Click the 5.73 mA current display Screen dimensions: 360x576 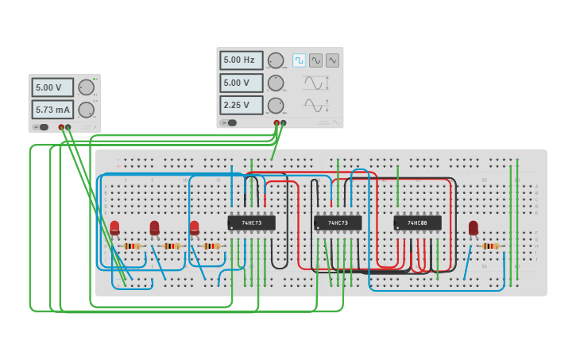point(52,110)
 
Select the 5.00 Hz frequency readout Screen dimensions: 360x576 point(241,60)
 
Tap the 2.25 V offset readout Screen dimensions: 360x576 point(241,105)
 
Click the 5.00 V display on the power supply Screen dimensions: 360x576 point(52,87)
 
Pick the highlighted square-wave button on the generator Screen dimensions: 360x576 point(299,60)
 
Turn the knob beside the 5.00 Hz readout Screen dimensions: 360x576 point(275,60)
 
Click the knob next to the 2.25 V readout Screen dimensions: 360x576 point(275,105)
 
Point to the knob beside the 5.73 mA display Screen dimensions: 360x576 point(85,110)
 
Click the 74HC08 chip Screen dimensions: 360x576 point(417,223)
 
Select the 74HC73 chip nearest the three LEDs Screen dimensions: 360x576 point(251,223)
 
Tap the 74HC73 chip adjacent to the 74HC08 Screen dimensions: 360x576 point(337,223)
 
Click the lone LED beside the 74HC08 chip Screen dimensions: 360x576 point(474,228)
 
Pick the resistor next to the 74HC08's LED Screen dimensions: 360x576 point(490,246)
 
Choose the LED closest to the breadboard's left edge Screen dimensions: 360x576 point(114,228)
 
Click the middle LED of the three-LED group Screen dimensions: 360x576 point(154,228)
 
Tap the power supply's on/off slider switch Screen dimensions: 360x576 point(41,127)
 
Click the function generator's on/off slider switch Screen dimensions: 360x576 point(230,122)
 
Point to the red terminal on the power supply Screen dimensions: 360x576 point(61,127)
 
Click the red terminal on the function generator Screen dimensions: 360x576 point(276,123)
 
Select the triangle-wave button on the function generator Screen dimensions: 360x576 point(332,60)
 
